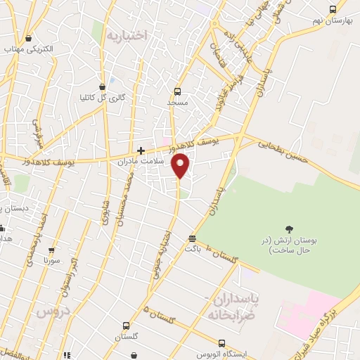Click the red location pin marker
coord(181,165)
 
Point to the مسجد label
coord(177,103)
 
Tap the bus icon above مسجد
coord(177,91)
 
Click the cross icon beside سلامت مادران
coord(141,150)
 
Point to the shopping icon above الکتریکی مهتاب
coord(28,39)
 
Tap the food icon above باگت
coord(193,238)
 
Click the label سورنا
coord(53,261)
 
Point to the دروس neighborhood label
coord(53,309)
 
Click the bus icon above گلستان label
coord(126,326)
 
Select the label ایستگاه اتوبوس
coord(221,354)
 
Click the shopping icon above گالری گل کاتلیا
coord(103,86)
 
